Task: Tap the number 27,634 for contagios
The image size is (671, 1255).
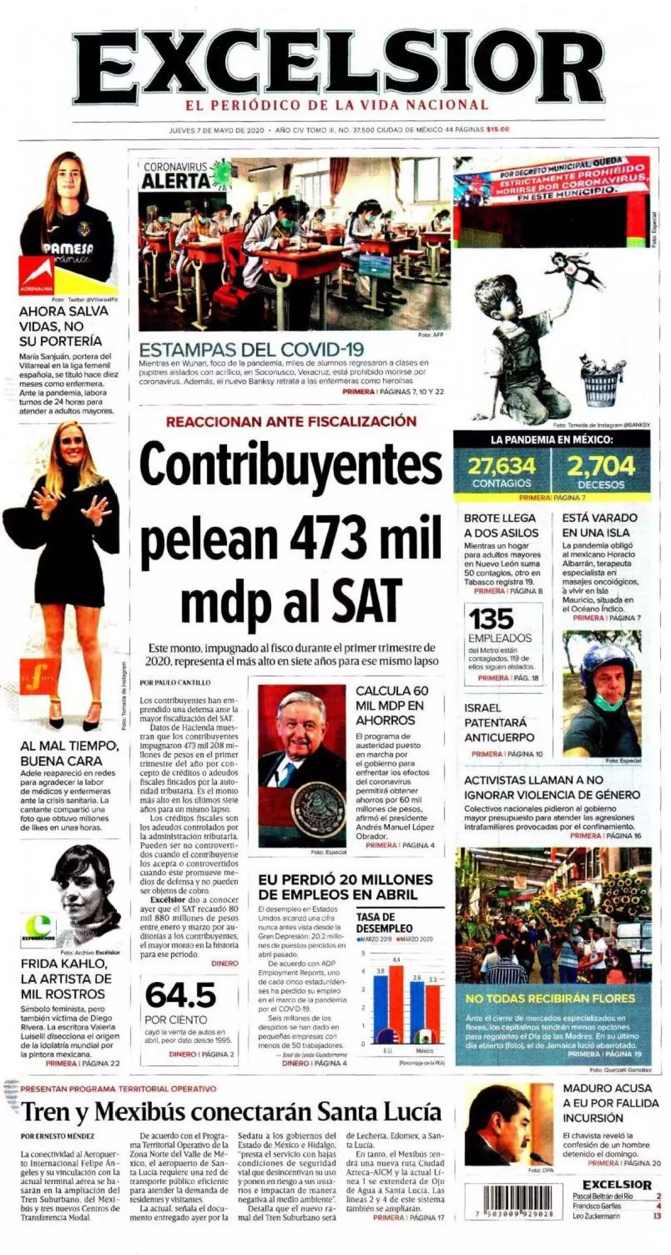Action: [501, 466]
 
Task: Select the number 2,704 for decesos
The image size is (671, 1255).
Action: [601, 466]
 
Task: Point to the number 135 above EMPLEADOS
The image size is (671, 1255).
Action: [490, 619]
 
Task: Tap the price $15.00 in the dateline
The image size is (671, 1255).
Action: [498, 130]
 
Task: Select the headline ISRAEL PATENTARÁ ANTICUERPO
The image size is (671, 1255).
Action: [499, 722]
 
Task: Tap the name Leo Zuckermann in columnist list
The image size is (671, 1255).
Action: [596, 1216]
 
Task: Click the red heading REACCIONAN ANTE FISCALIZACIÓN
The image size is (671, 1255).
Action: [291, 421]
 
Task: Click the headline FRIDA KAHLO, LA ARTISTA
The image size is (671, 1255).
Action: [66, 979]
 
